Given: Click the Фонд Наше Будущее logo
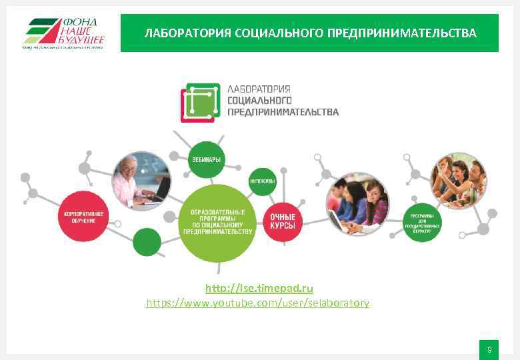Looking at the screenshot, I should [64, 33].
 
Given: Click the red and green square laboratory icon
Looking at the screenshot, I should [200, 103].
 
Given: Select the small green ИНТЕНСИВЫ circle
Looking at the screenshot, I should [263, 181].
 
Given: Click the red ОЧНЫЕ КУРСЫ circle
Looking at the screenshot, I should [283, 221].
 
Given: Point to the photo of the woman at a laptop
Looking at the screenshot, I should [141, 181].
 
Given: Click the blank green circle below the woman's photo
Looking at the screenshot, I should [147, 242].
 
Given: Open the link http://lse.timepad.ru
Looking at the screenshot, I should [259, 288].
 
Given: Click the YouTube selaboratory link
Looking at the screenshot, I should [257, 303].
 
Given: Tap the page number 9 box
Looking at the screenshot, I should [489, 350].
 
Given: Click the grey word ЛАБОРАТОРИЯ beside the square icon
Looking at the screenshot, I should [259, 89].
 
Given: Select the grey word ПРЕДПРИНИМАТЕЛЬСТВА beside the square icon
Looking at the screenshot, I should [283, 111].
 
